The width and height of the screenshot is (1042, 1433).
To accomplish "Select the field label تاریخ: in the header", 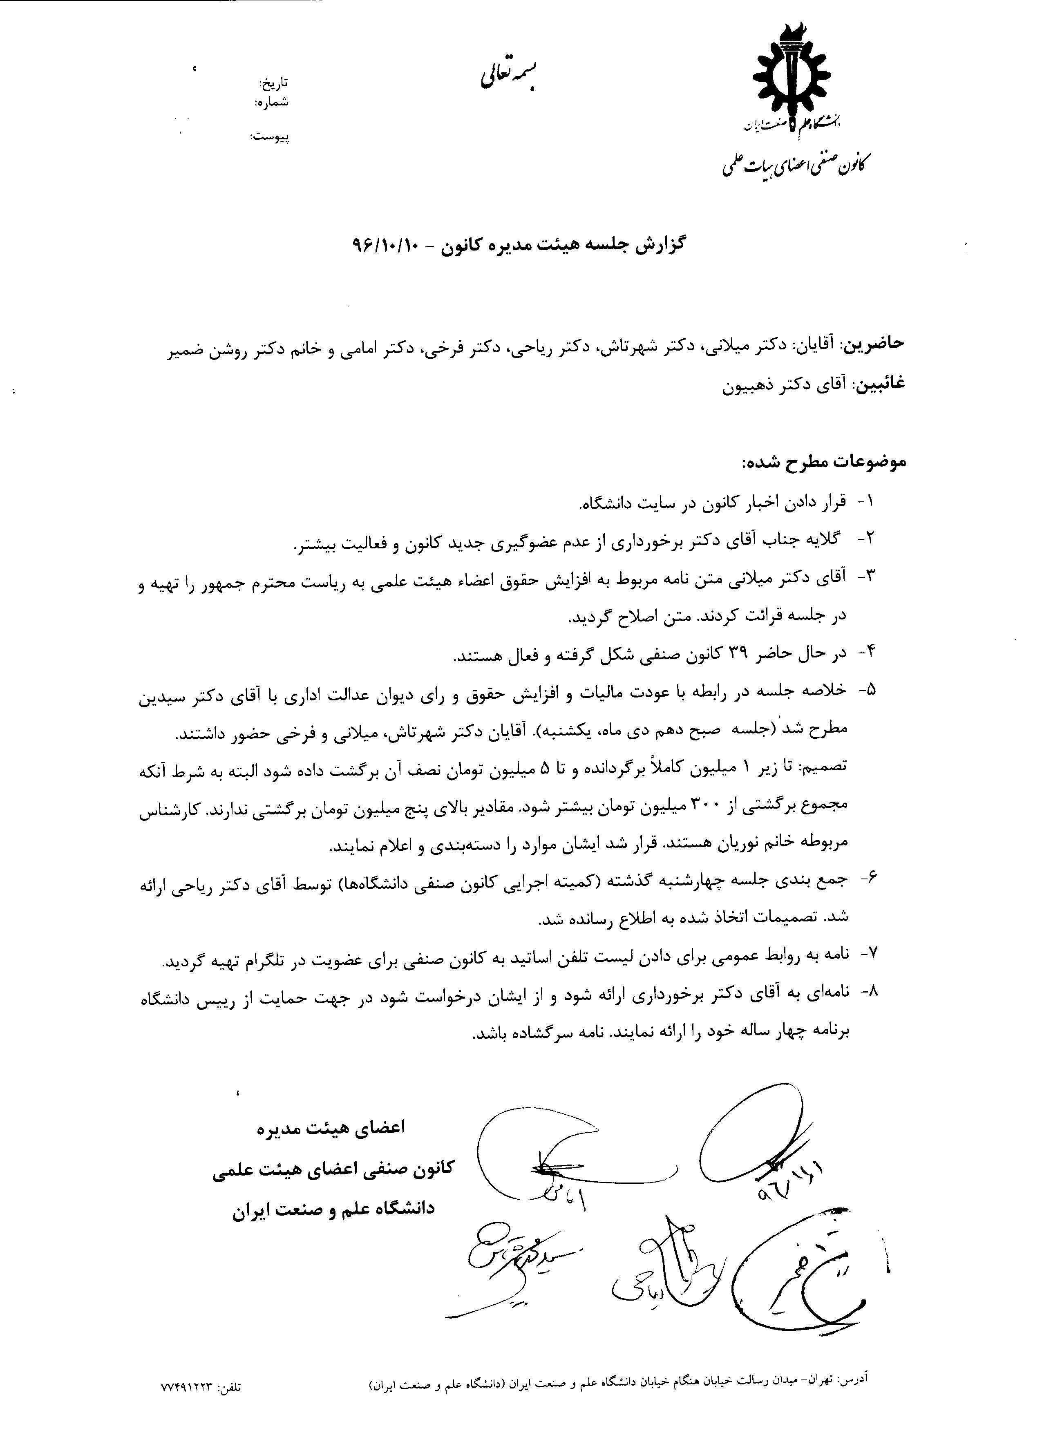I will point(275,83).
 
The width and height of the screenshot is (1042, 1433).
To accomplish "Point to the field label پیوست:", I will point(271,136).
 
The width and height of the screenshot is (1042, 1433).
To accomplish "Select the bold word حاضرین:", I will point(875,343).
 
